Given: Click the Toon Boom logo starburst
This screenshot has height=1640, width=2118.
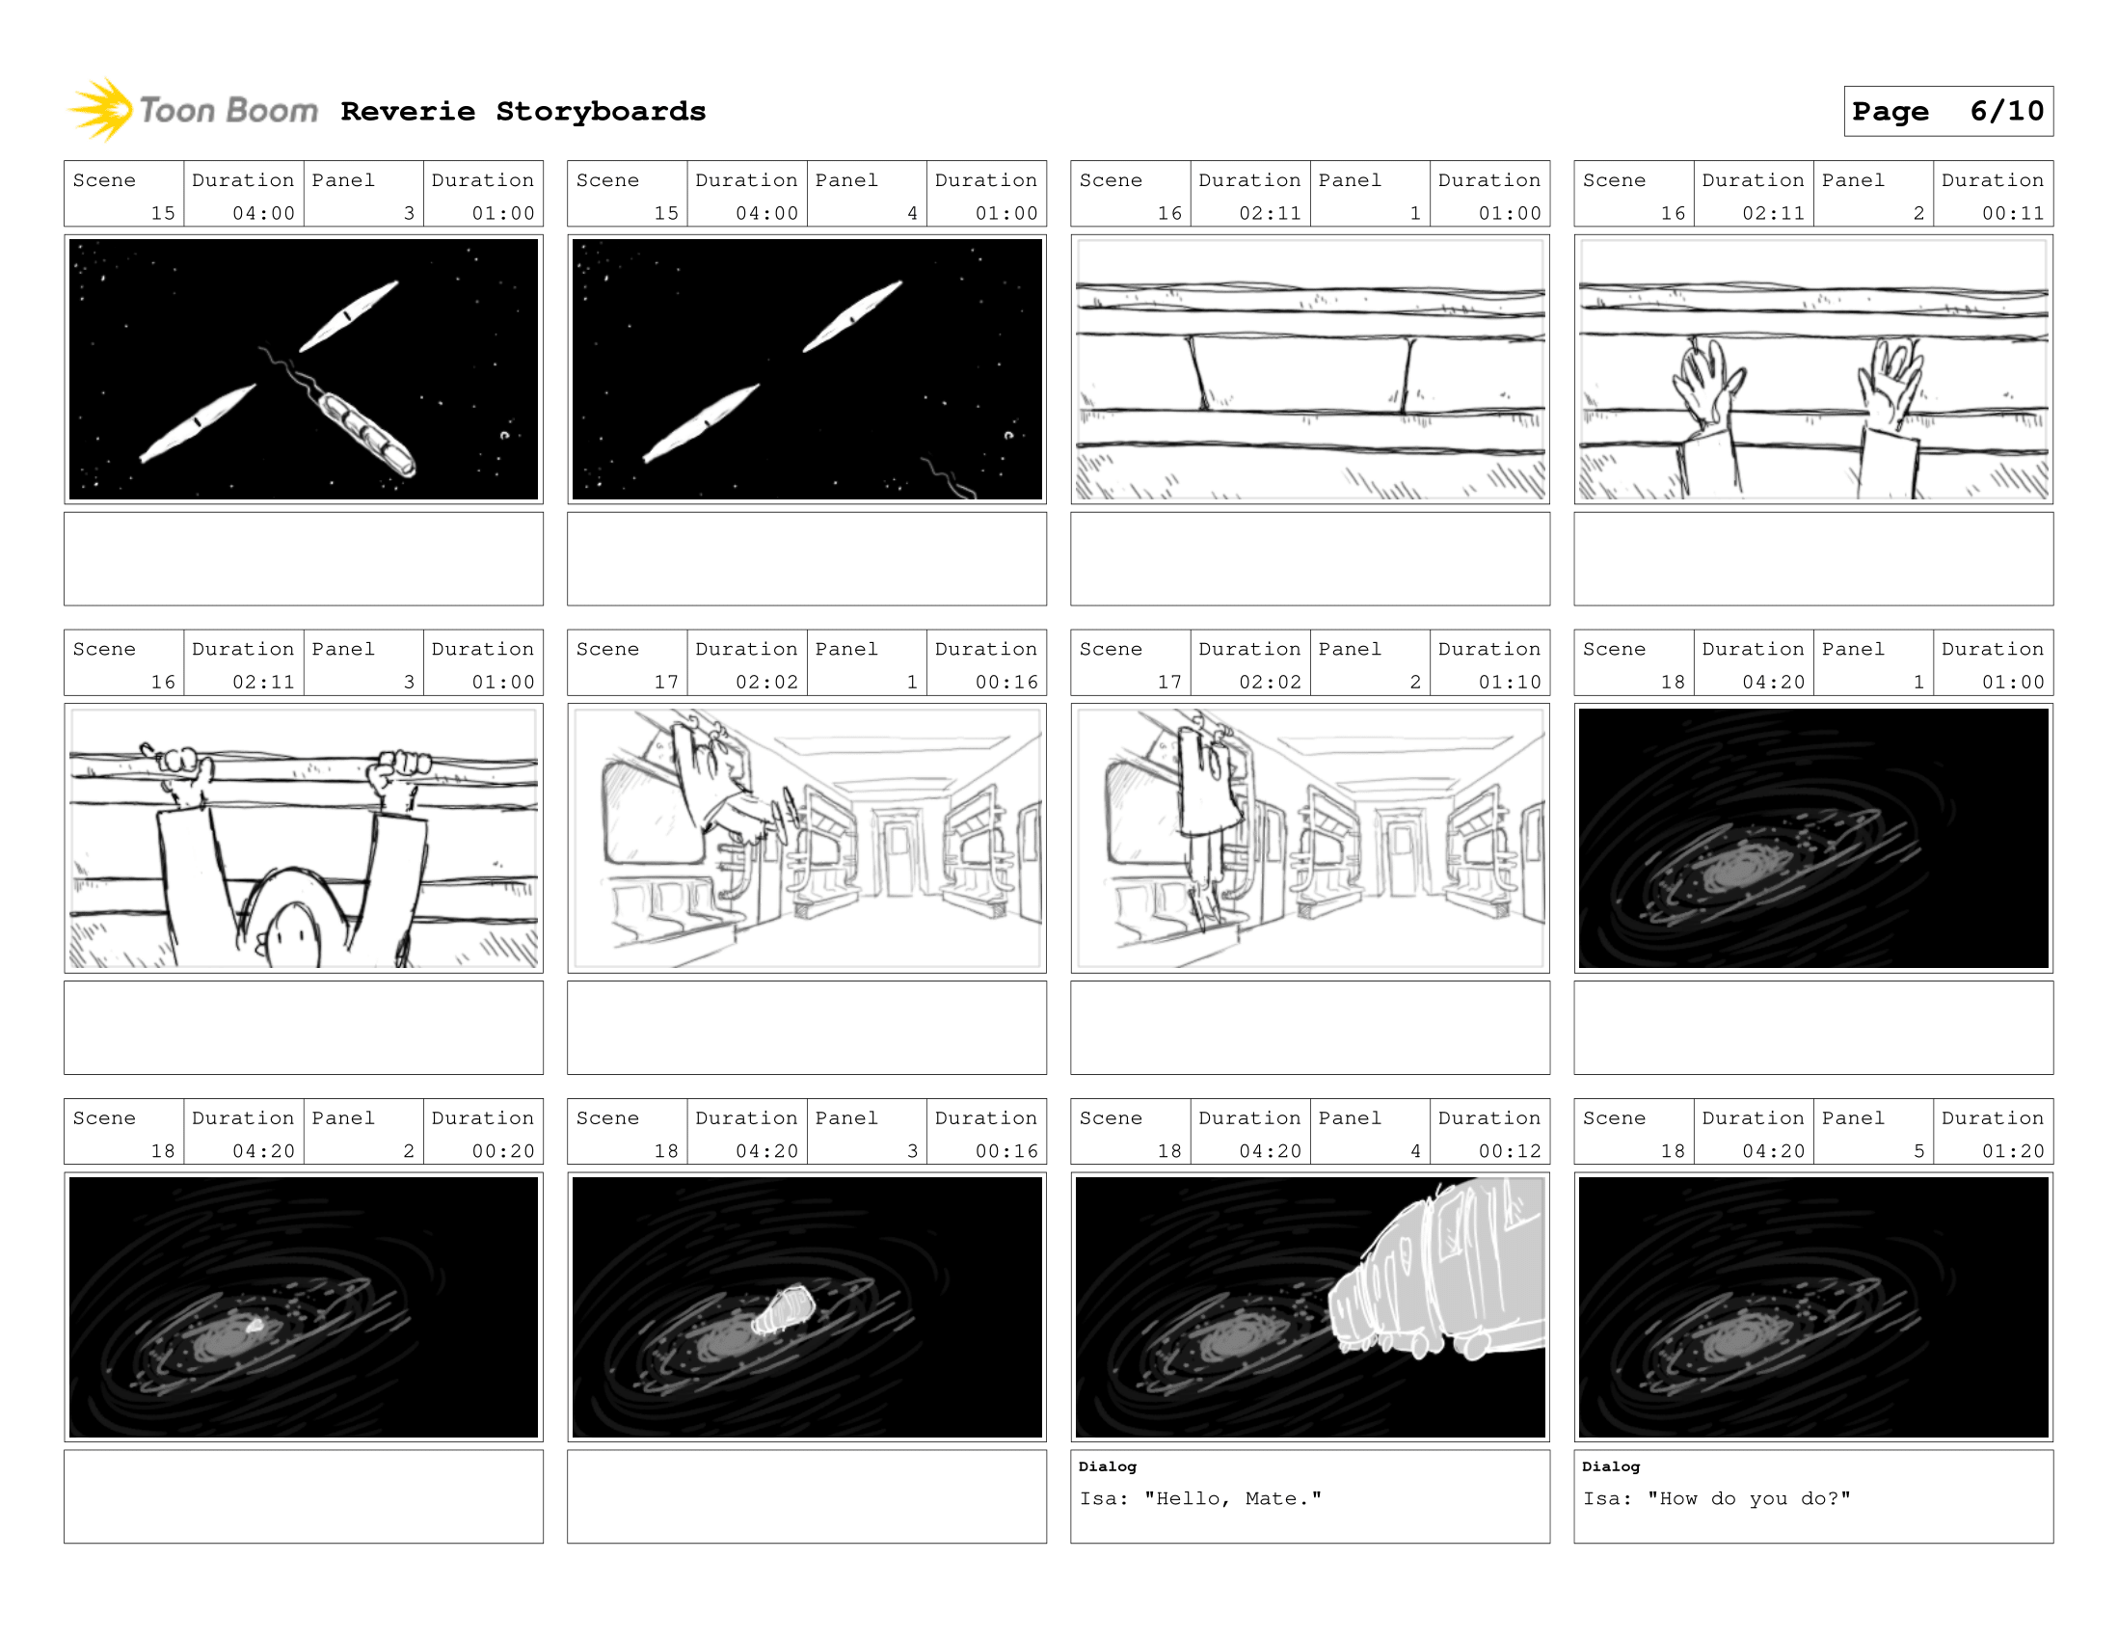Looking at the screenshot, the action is coord(101,110).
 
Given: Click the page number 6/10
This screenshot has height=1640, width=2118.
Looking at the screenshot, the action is coord(2006,111).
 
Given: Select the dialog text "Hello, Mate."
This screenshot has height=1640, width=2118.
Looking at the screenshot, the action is coord(1233,1498).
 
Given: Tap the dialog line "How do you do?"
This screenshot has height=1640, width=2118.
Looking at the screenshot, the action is coord(1749,1498).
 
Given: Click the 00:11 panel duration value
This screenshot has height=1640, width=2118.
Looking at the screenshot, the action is coord(2012,213).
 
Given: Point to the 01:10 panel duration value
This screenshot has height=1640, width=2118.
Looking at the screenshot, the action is coord(1509,682).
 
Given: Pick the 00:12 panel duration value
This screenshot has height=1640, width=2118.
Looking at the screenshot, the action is coord(1509,1151).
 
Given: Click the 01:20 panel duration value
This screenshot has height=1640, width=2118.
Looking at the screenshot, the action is coord(2012,1151).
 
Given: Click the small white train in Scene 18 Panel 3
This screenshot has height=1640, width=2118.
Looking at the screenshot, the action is coord(784,1310).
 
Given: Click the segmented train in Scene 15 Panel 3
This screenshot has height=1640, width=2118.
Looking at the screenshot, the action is coord(366,435).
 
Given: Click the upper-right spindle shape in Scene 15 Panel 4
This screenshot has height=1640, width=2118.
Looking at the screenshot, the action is coord(852,316).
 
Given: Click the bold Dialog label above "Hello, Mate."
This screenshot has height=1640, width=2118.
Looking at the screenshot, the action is coord(1108,1466).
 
